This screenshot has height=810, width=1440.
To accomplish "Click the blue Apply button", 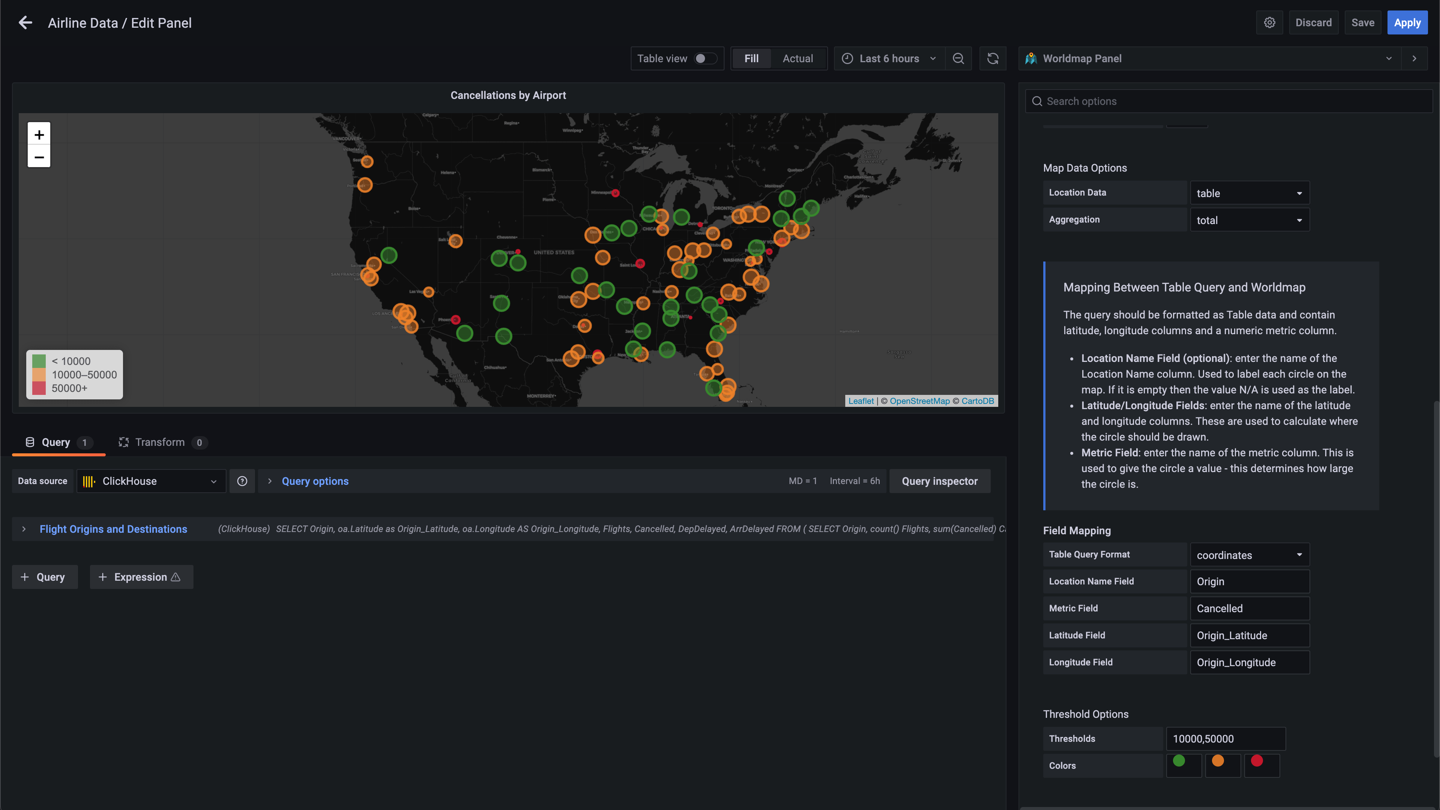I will point(1407,23).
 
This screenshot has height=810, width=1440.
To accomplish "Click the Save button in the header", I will point(1362,23).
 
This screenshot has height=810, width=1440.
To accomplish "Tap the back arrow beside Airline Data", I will point(25,23).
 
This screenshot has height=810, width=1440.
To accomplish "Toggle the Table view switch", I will point(705,59).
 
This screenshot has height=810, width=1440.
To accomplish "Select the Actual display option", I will point(797,59).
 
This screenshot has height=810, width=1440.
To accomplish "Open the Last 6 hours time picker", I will point(889,59).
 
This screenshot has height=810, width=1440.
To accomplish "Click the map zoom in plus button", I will point(39,135).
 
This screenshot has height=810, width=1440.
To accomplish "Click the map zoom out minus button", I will point(39,157).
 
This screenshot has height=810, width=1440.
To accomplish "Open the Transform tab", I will point(160,442).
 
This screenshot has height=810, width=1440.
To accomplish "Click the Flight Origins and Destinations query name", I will point(114,529).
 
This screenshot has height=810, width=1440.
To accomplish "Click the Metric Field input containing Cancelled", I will point(1249,608).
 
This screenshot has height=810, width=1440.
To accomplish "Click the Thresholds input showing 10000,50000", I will point(1225,738).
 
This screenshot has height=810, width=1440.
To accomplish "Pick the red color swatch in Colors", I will point(1257,761).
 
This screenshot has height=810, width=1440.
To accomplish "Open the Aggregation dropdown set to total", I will point(1249,220).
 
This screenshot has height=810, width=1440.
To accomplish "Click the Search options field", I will point(1230,101).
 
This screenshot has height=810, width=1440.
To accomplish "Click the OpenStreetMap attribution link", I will point(919,401).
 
